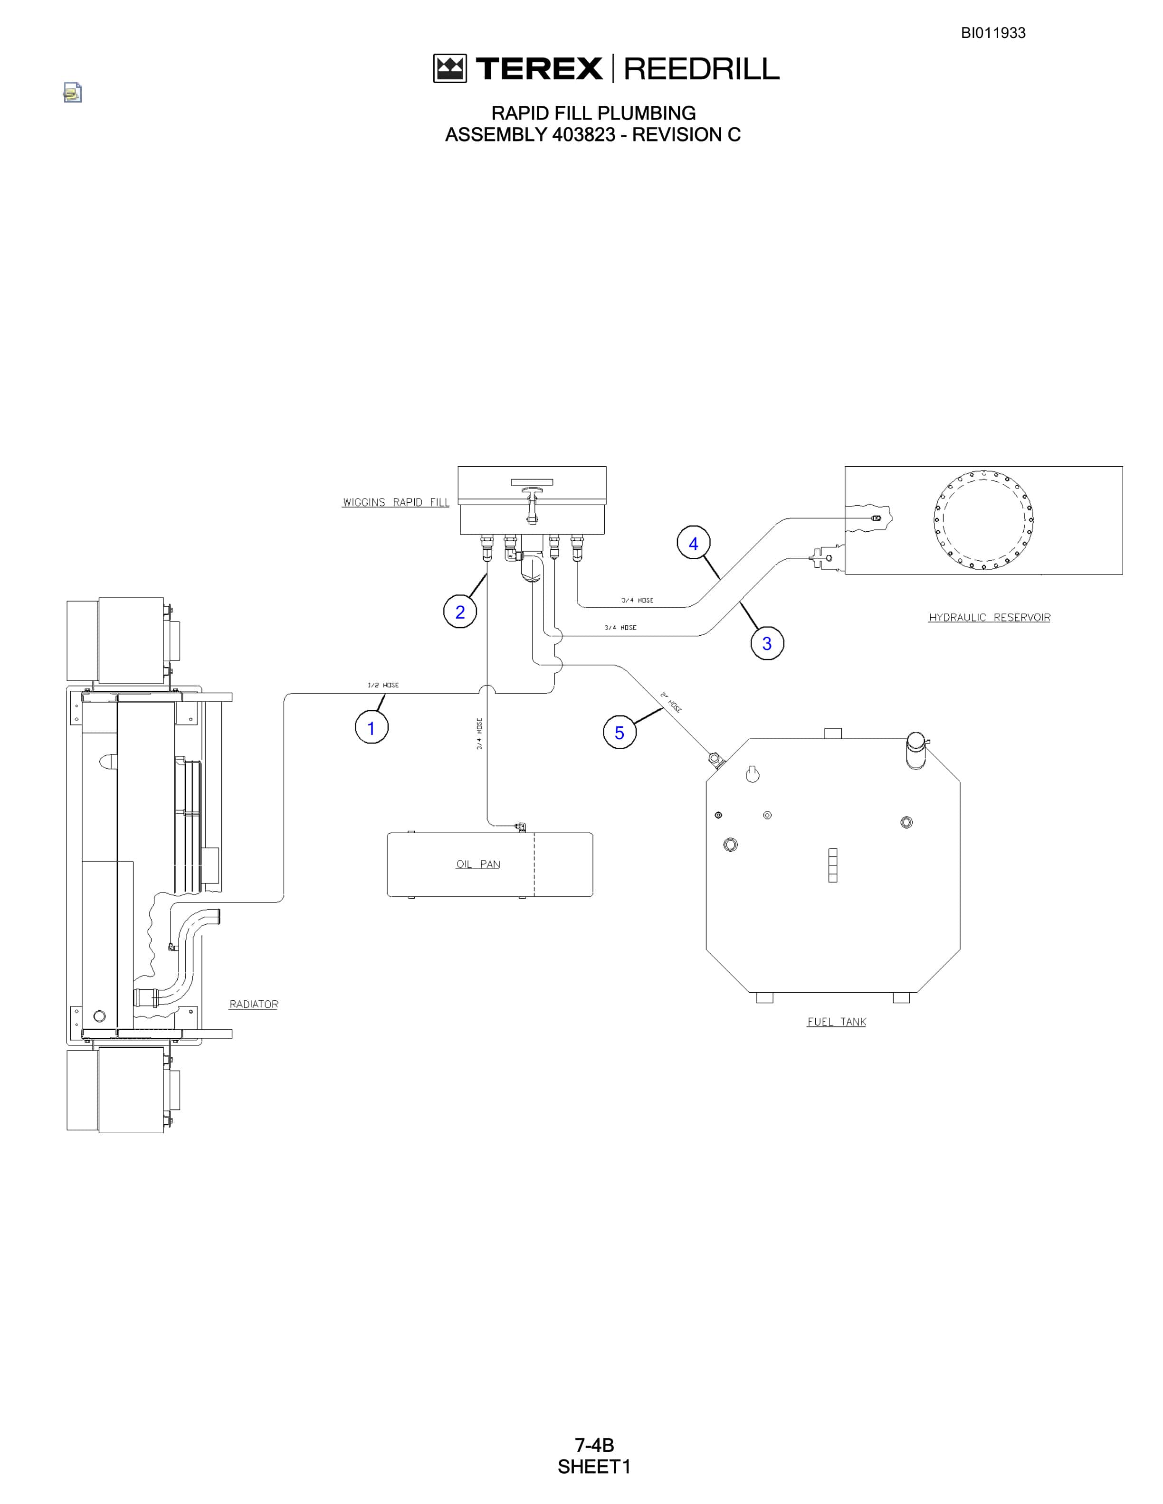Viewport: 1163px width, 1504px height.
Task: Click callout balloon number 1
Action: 372,728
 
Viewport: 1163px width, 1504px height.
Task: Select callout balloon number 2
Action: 460,611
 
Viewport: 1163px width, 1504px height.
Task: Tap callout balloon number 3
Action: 767,643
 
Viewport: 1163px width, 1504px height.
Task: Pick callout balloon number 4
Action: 694,543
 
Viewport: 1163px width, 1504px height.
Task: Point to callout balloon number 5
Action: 620,732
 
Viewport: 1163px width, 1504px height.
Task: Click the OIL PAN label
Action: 478,864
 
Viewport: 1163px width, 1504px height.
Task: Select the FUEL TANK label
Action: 837,1021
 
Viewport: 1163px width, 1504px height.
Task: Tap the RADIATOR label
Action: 254,1004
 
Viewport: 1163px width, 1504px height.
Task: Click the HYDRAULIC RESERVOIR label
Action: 990,617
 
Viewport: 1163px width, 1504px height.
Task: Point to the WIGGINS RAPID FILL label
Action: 396,502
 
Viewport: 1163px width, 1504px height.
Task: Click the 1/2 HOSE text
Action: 383,685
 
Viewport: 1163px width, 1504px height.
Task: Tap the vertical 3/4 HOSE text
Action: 479,733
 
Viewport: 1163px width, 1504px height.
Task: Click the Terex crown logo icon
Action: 450,68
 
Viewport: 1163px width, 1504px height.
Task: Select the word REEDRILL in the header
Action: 701,68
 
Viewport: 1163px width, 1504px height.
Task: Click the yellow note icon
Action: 72,92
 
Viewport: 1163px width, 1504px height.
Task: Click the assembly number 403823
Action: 583,134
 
